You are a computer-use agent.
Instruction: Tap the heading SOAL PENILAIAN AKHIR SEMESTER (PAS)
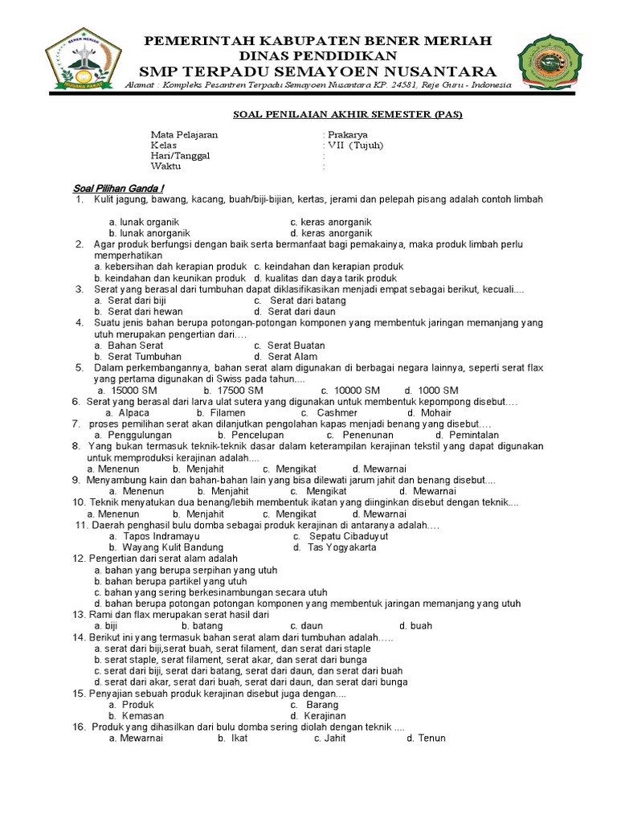click(x=342, y=114)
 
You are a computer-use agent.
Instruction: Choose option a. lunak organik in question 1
click(x=144, y=222)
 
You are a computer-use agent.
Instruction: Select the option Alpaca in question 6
click(x=133, y=412)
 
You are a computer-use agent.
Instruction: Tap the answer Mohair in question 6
click(x=435, y=412)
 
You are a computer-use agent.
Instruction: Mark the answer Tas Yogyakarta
click(x=341, y=547)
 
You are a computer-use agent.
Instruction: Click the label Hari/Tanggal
click(x=180, y=156)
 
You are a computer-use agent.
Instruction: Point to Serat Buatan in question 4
click(x=296, y=345)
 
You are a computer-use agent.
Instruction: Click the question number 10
click(x=79, y=502)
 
